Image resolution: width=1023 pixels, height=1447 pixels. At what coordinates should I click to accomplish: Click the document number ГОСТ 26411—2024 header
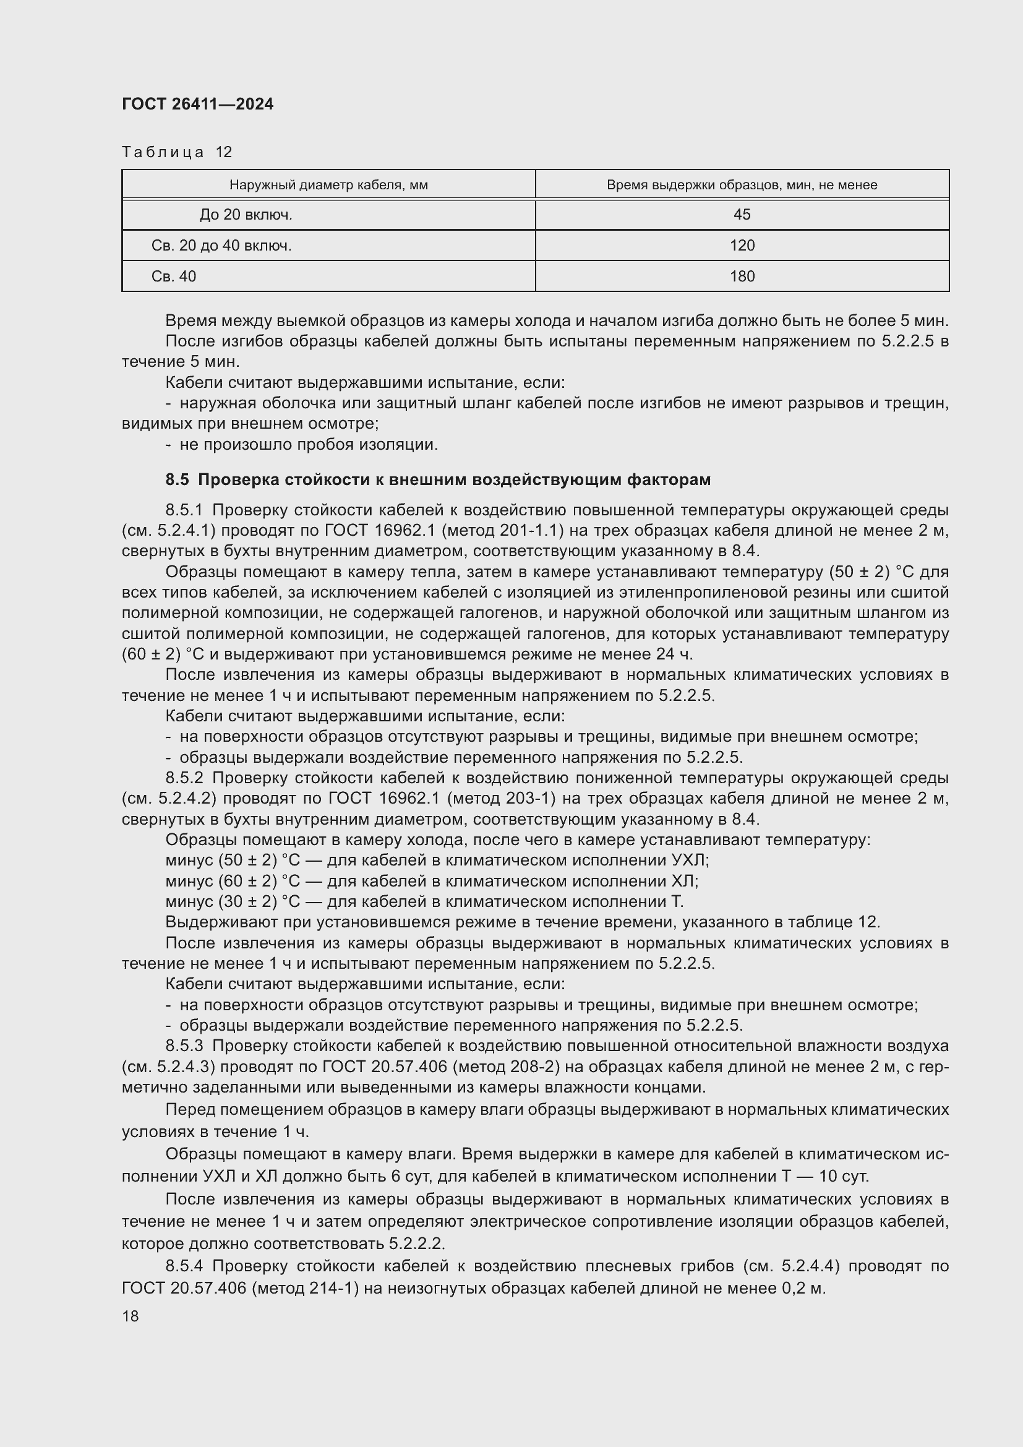198,104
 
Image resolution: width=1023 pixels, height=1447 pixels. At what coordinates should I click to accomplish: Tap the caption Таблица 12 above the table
177,152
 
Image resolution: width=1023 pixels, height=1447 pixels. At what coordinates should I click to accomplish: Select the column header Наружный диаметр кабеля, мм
328,184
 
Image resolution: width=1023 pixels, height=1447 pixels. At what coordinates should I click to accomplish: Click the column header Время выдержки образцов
742,184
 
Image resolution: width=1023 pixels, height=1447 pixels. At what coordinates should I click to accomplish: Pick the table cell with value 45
742,215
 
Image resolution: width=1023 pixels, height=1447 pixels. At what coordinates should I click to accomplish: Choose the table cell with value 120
742,246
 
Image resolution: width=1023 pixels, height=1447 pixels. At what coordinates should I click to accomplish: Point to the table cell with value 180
742,277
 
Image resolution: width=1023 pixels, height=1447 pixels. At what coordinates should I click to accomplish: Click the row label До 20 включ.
246,215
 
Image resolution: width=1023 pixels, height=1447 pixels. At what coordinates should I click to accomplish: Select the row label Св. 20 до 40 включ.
221,246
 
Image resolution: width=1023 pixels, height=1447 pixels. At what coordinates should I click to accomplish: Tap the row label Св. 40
173,277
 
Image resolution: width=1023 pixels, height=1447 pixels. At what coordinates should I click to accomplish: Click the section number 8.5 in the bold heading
177,479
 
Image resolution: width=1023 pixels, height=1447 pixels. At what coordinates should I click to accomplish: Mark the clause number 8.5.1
184,510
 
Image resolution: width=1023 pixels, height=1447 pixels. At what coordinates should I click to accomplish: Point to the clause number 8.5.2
184,778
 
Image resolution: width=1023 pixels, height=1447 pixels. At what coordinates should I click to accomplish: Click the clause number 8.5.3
184,1046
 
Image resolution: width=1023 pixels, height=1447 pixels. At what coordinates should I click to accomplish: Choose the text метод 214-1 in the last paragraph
305,1289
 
